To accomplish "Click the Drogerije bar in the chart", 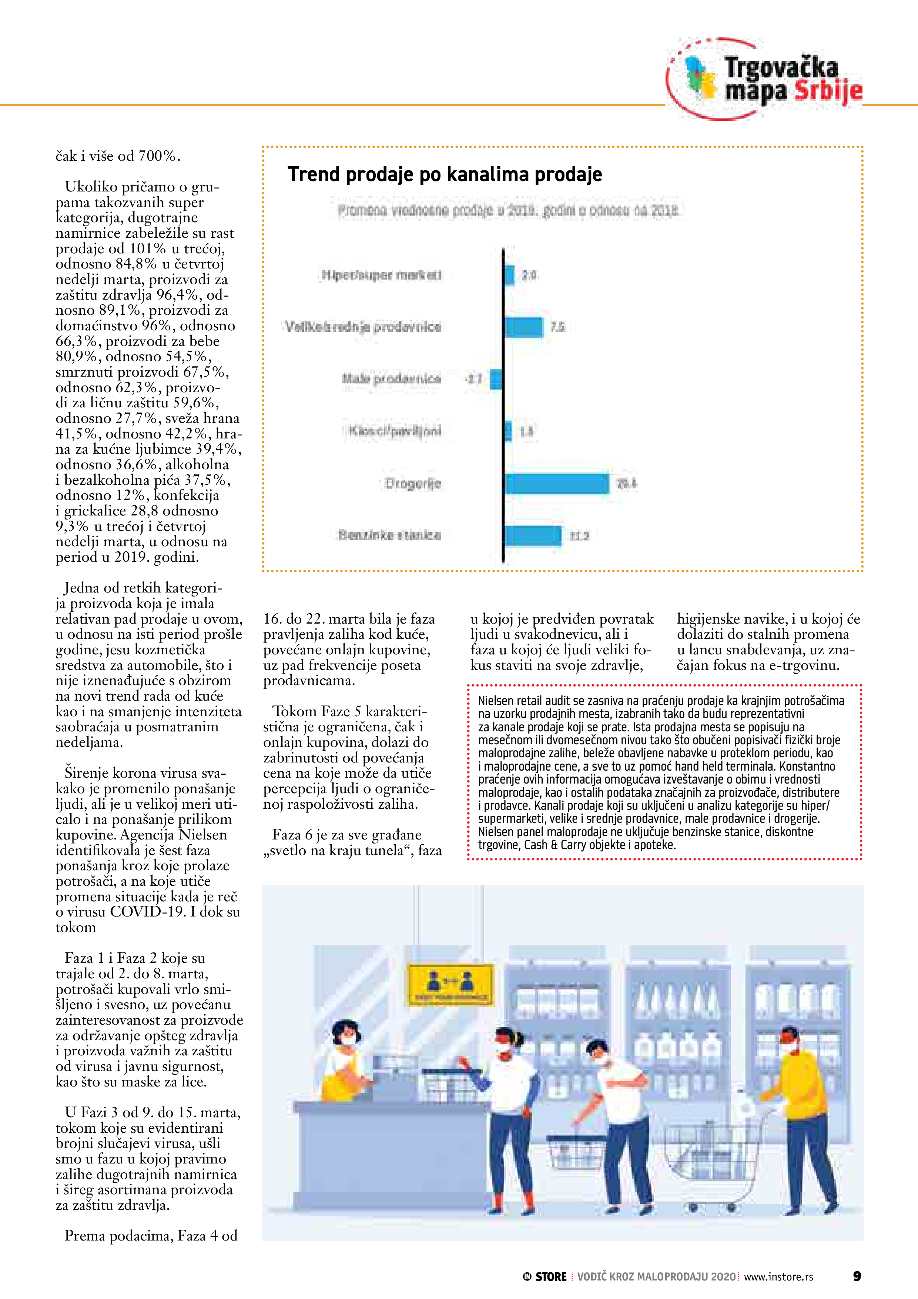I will [x=557, y=483].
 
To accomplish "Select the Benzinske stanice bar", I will [x=533, y=535].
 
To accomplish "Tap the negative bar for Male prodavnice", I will [x=496, y=379].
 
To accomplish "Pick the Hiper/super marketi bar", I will [x=509, y=275].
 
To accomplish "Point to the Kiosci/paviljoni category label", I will [x=394, y=431].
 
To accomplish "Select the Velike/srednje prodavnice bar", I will [x=523, y=327].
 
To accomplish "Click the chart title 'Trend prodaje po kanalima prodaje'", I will [x=445, y=174].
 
